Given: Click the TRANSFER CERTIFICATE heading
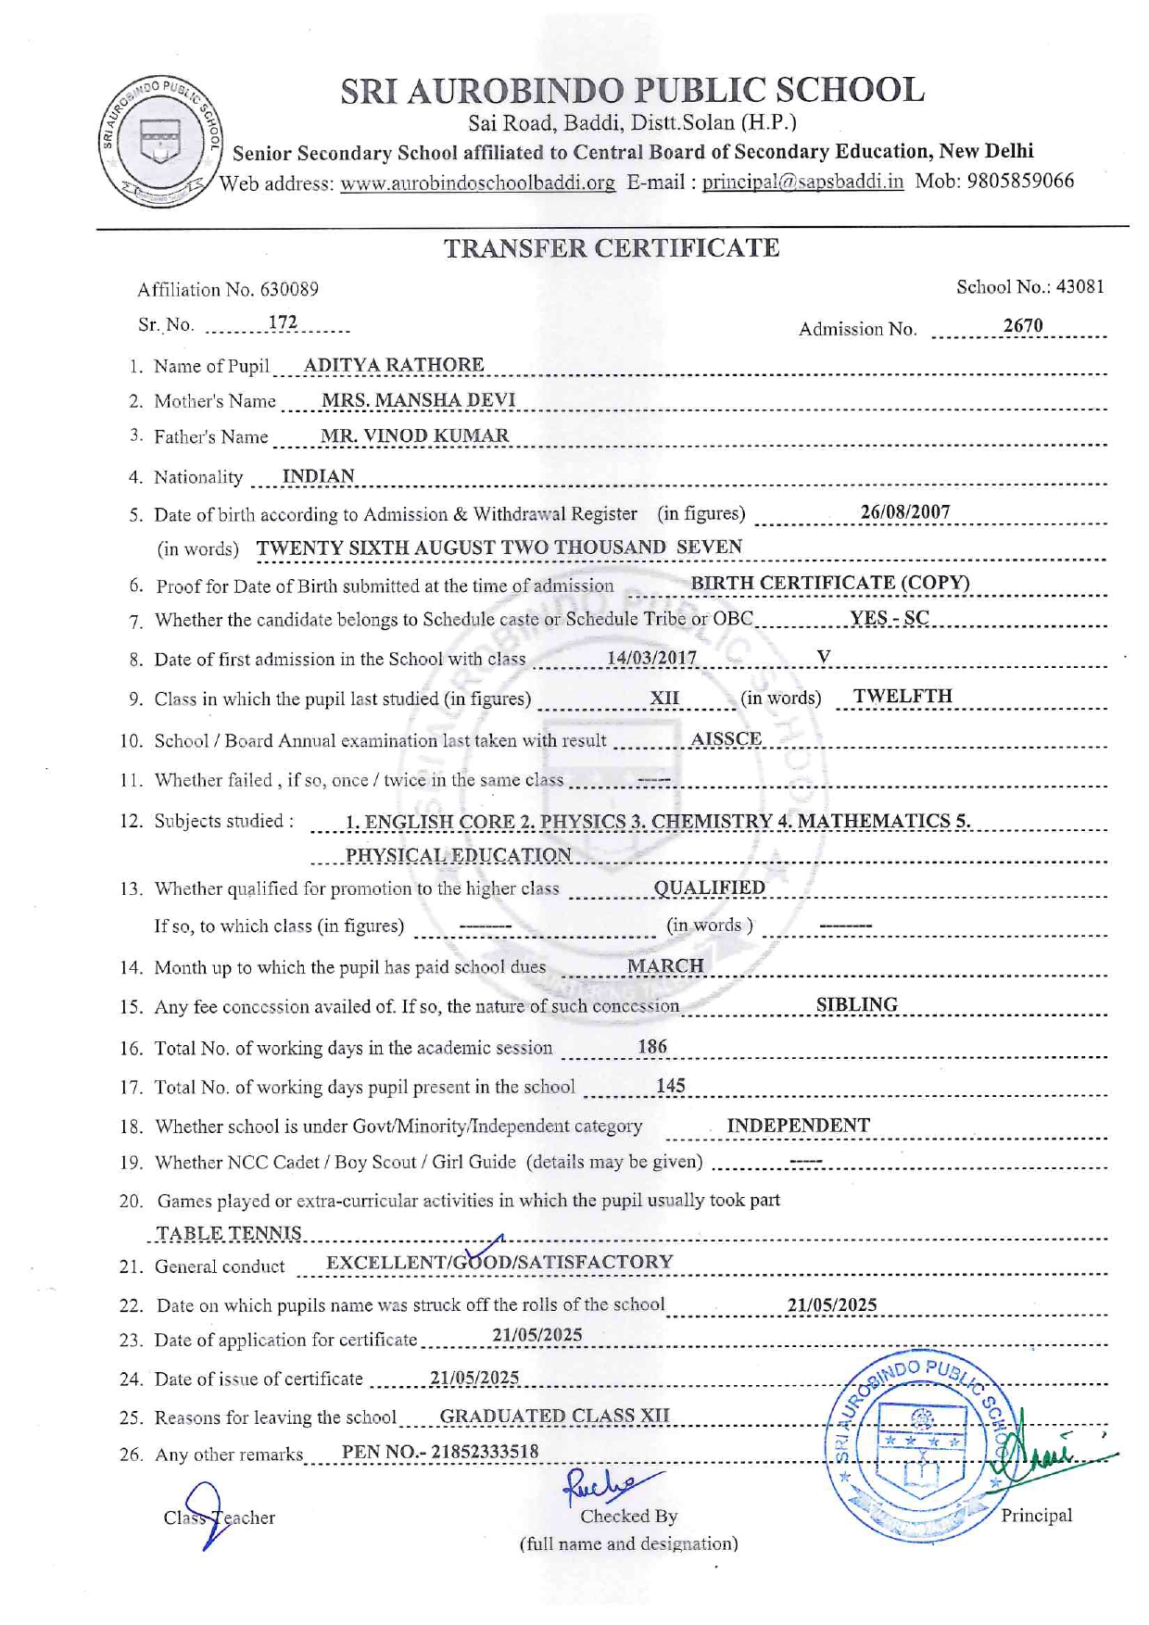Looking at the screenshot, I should [x=611, y=248].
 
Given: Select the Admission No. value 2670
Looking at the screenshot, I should [x=1023, y=325].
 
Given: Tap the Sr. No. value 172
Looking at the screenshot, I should [x=282, y=322].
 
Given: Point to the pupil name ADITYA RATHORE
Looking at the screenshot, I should [x=393, y=365].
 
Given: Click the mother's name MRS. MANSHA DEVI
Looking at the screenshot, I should [x=418, y=400].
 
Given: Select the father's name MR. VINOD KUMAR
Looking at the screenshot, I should [x=414, y=435].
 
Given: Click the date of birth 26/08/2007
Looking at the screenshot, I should [x=904, y=512].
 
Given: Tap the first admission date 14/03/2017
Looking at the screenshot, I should [x=651, y=658].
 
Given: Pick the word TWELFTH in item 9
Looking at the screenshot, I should [x=902, y=697].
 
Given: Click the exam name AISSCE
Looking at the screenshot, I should [x=726, y=739].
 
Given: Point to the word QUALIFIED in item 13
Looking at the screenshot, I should [x=709, y=888].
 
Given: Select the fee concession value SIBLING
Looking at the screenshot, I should [x=856, y=1004].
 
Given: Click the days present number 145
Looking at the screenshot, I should [x=670, y=1086].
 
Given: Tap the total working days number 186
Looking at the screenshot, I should [x=652, y=1047].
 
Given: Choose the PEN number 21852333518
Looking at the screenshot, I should [x=485, y=1452].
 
